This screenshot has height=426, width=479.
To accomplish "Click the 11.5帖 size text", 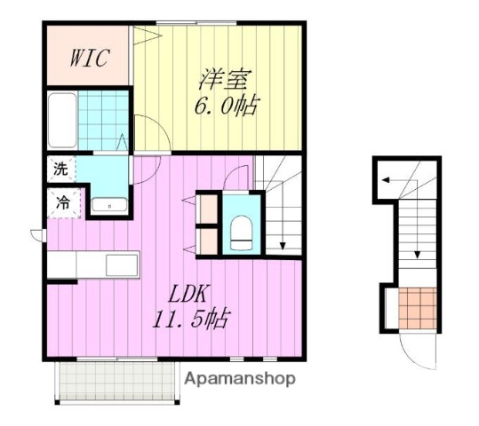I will pyautogui.click(x=190, y=320).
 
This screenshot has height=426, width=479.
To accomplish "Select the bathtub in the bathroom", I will pyautogui.click(x=60, y=120).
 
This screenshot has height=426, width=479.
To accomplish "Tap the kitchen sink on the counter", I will pyautogui.click(x=121, y=264).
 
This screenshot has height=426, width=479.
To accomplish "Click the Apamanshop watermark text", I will pyautogui.click(x=240, y=378).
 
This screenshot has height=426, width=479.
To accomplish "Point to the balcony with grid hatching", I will pyautogui.click(x=116, y=381).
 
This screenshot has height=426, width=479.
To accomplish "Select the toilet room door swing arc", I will pyautogui.click(x=238, y=177).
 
